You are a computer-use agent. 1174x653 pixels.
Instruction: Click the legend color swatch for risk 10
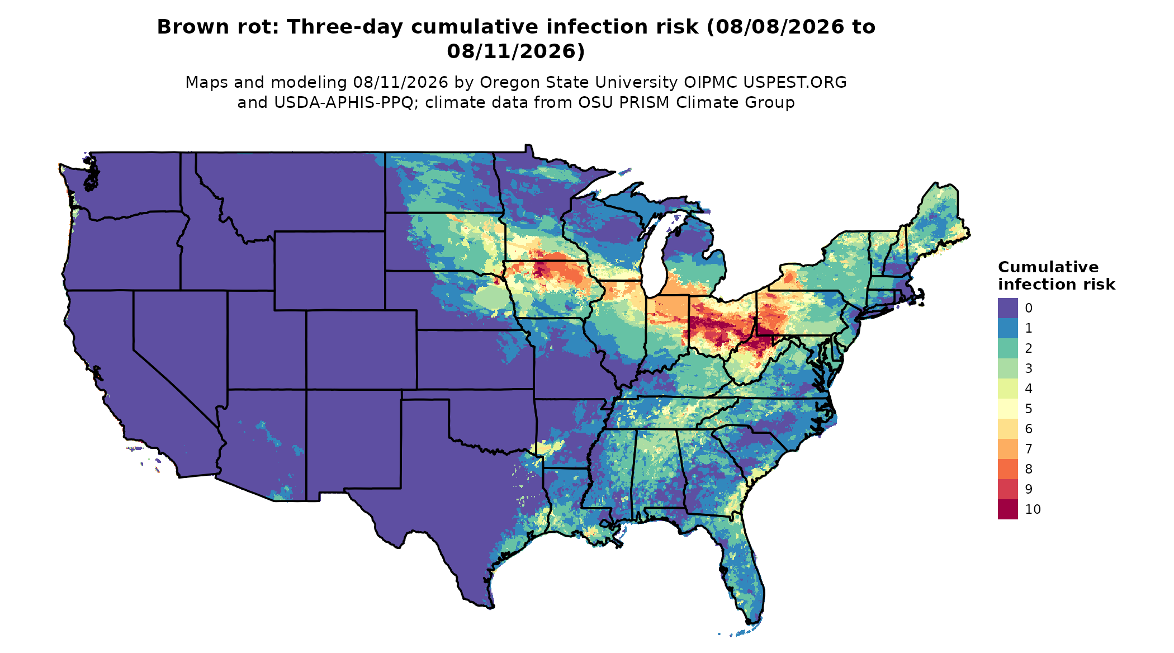coord(1007,509)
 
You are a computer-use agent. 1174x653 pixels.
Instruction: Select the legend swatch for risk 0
coord(1007,308)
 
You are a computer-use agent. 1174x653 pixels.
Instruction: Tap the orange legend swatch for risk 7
coord(1007,449)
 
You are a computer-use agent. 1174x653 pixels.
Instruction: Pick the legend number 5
coord(1029,409)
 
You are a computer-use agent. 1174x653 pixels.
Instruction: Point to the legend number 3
coord(1029,368)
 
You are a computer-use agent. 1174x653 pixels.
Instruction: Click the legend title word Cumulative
coord(1048,267)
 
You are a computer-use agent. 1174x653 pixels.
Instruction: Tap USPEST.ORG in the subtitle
coord(795,83)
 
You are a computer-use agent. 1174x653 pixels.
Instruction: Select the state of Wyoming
coord(329,270)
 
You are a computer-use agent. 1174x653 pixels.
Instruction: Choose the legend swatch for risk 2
coord(1007,348)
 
